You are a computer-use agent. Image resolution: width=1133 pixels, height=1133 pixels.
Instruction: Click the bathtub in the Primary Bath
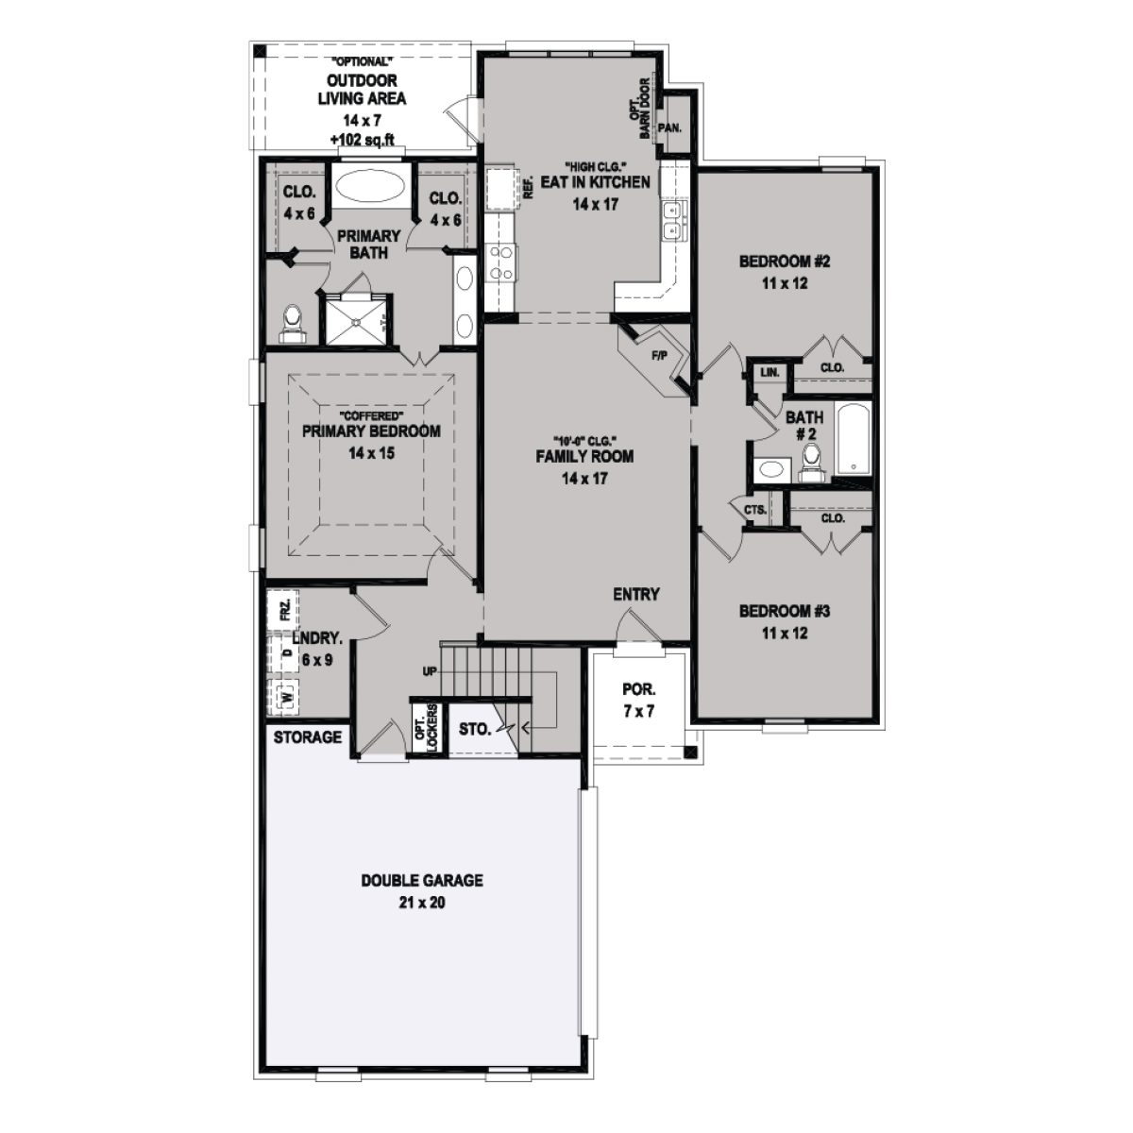click(368, 186)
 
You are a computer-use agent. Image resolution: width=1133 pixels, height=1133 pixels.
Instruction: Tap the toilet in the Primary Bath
click(293, 322)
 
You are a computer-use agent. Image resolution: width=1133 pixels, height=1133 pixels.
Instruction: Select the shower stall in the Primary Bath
click(356, 318)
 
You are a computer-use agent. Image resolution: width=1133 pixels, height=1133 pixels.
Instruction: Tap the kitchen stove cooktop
click(500, 262)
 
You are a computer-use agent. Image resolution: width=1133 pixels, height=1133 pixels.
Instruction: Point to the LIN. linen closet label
click(769, 373)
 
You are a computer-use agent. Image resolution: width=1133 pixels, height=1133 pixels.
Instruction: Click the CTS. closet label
click(754, 510)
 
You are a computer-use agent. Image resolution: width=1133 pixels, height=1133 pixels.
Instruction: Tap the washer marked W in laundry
click(282, 697)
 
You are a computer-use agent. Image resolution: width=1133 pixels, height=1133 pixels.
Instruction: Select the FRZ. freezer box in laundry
click(282, 609)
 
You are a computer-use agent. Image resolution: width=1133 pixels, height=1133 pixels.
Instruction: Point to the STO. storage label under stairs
click(474, 729)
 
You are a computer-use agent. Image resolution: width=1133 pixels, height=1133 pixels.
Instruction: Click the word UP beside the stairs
click(430, 671)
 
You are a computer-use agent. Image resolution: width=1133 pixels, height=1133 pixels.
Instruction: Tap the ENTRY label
click(635, 594)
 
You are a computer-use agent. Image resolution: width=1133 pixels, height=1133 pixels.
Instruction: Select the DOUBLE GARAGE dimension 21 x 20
click(422, 903)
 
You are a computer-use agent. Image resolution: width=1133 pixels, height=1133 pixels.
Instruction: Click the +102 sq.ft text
click(362, 139)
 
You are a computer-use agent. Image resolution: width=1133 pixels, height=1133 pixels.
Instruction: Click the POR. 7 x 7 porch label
click(639, 701)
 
